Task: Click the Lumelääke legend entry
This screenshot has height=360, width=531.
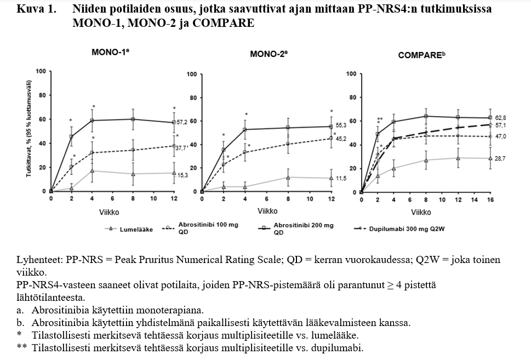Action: (136, 229)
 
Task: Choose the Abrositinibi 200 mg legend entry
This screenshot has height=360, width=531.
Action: (303, 228)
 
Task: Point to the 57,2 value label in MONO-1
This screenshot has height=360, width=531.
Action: (182, 122)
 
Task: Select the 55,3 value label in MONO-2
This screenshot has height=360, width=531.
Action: (340, 125)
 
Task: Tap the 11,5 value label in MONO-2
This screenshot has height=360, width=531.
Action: (340, 179)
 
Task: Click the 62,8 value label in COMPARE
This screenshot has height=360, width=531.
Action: (500, 117)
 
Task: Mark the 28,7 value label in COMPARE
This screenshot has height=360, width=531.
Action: (500, 158)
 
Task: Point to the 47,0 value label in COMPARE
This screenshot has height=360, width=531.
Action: (500, 136)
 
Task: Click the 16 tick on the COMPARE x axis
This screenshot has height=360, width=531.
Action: (490, 200)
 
